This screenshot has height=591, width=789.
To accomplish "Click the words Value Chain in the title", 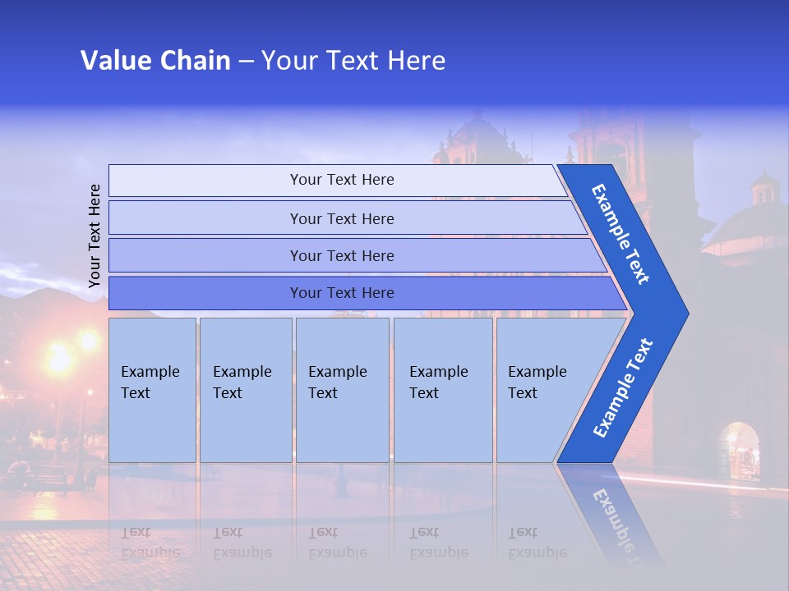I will click(155, 61).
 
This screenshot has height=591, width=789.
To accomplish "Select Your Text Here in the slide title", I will click(353, 61).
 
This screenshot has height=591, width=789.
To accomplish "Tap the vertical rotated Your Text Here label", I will click(95, 236).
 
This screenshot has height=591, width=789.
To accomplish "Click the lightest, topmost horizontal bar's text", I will click(342, 180).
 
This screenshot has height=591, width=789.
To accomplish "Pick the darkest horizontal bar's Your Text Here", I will click(342, 293).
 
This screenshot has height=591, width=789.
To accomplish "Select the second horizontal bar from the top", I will click(342, 218).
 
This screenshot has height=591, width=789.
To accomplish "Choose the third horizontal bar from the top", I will click(342, 256).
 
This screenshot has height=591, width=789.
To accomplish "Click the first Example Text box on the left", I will click(152, 389).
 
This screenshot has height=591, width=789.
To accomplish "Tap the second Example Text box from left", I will click(245, 389).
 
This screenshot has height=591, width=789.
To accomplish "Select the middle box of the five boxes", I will click(342, 389).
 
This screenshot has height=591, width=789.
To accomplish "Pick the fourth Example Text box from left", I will click(442, 389).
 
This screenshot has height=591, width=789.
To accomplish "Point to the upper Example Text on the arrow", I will click(621, 234).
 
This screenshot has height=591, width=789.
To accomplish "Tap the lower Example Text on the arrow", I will click(622, 388).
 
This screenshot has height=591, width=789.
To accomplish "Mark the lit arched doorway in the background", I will click(739, 451).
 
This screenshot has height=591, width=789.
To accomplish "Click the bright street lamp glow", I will click(60, 358).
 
